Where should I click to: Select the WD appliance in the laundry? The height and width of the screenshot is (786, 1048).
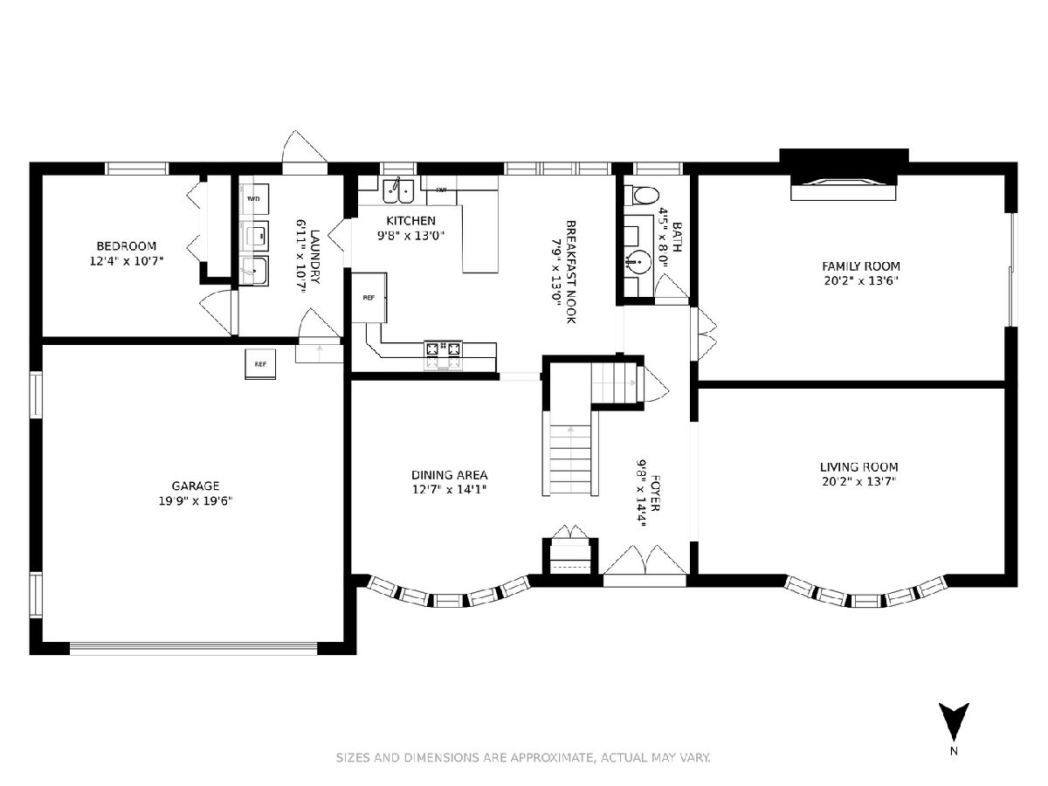pos(253,198)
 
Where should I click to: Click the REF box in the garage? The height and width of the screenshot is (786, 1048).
pos(260,364)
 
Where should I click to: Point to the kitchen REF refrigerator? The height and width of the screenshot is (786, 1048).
pos(369,298)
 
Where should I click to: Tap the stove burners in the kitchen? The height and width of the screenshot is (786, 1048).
pos(443,348)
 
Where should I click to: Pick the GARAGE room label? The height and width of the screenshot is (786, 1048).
pos(196,486)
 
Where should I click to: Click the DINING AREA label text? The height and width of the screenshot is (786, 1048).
pos(449,475)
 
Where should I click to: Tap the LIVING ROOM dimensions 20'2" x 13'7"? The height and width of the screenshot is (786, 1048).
pos(858,481)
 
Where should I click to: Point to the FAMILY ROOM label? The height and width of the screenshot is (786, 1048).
pos(861,265)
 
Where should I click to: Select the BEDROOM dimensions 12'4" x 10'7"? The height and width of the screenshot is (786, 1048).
pos(127,261)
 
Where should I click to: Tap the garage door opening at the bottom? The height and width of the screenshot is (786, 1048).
pos(193,648)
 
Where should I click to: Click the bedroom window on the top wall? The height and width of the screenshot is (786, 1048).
pos(137,169)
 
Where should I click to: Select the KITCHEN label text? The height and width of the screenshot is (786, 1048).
pos(410,220)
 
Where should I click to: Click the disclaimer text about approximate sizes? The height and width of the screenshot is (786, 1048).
pos(523,758)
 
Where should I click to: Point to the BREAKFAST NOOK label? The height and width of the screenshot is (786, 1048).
pos(571,272)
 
